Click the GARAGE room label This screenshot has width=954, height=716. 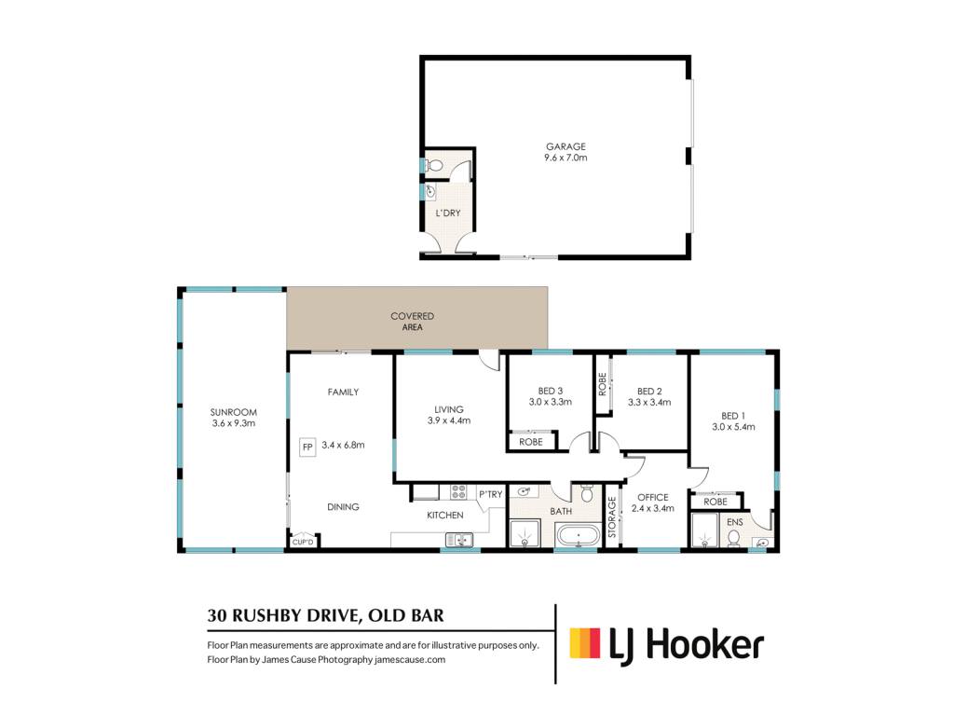point(566,146)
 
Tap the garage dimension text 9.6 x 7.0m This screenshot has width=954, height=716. point(566,158)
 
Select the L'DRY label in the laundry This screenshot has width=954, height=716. point(448,213)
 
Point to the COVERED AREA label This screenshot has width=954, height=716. point(413,322)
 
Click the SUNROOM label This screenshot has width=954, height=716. point(234,412)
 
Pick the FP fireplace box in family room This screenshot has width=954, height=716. point(307,447)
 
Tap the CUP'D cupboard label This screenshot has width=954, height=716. point(303,542)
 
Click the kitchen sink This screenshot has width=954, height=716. point(459,540)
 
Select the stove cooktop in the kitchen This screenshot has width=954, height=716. point(458,492)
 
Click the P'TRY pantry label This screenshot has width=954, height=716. point(490,494)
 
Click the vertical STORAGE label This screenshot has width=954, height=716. point(612,516)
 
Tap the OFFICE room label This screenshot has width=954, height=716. point(653,498)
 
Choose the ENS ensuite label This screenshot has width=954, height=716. point(735,522)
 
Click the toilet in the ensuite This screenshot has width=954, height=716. point(734,538)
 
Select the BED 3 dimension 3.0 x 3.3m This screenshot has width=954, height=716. point(550,402)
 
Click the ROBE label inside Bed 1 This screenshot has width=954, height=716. point(715,502)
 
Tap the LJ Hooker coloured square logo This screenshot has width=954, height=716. point(585,643)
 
